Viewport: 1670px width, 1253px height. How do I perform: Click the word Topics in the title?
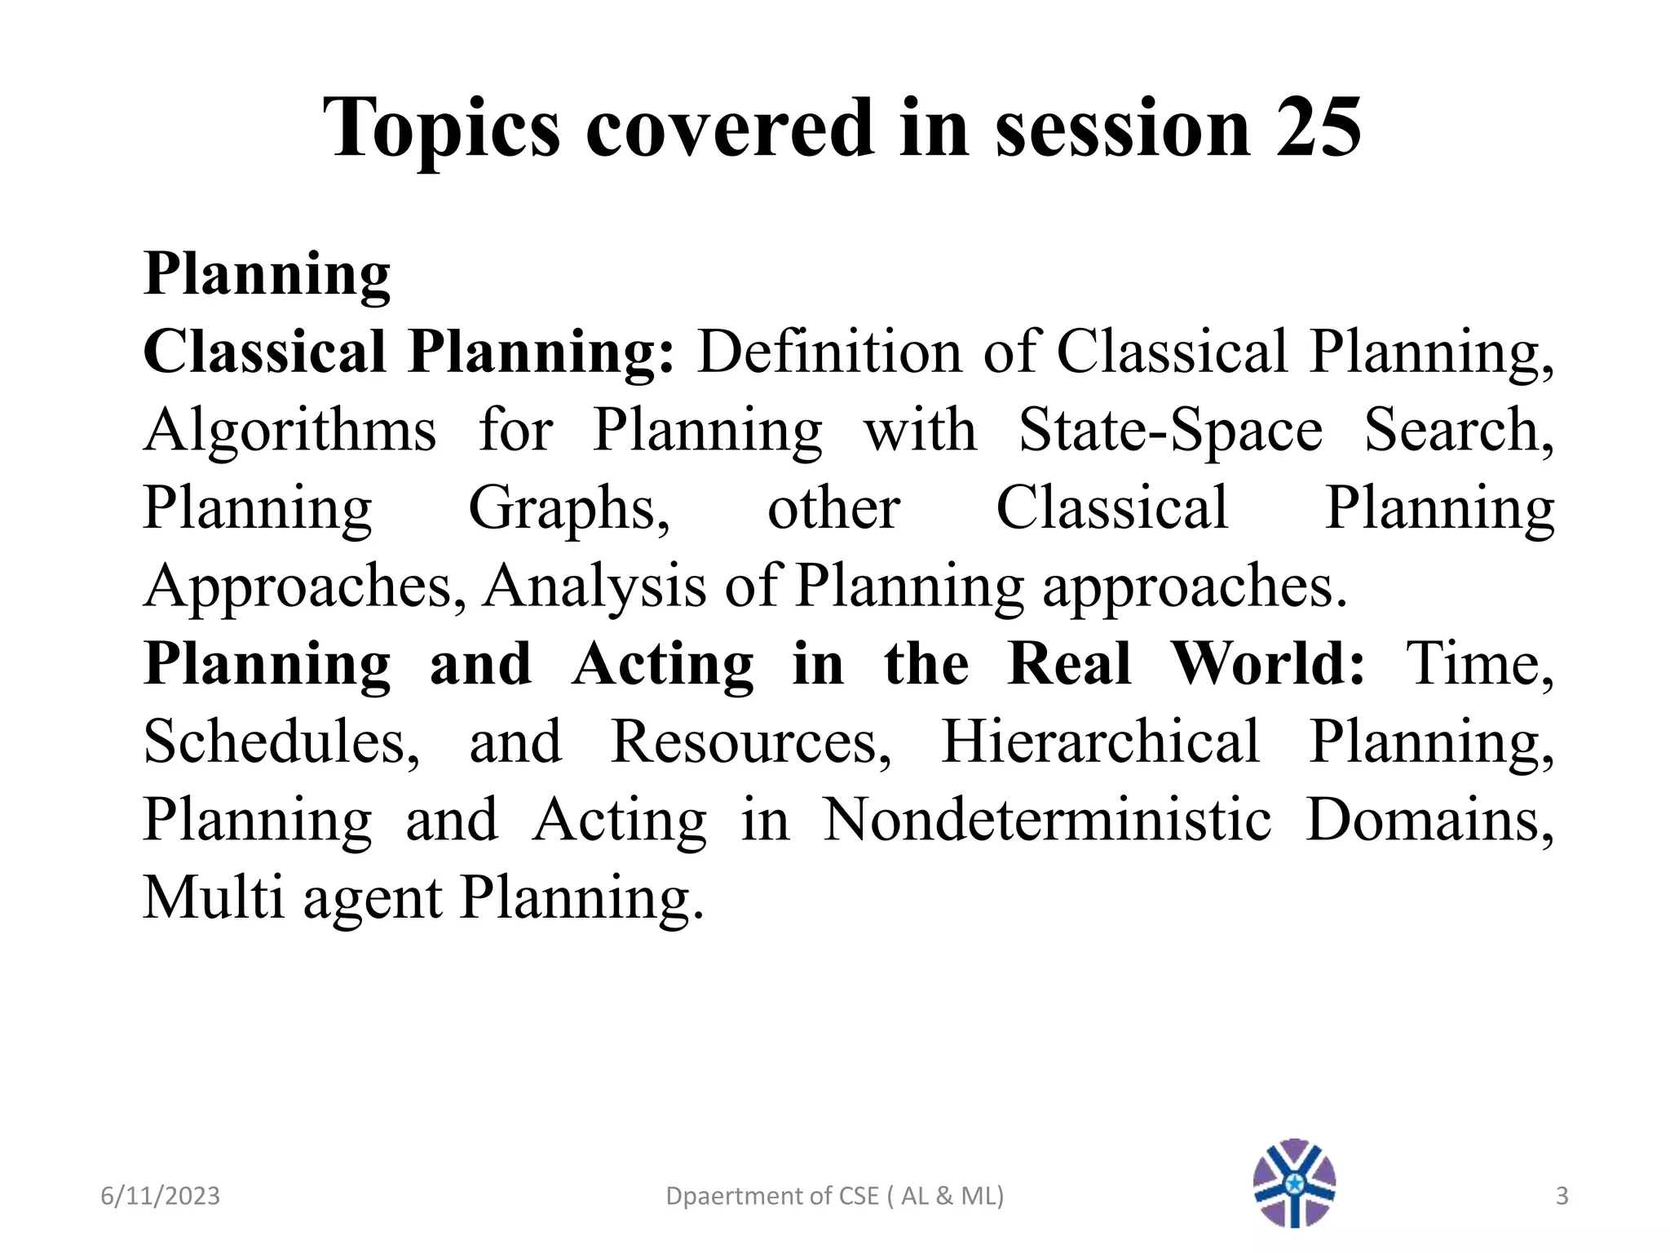pyautogui.click(x=441, y=129)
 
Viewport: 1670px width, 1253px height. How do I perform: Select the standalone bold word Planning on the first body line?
pyautogui.click(x=267, y=276)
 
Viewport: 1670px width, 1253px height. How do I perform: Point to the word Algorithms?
pyautogui.click(x=289, y=432)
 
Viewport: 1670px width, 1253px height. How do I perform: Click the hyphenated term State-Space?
pyautogui.click(x=1170, y=430)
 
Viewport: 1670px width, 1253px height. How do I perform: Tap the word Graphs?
pyautogui.click(x=568, y=509)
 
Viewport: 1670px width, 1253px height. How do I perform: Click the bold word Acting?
pyautogui.click(x=662, y=665)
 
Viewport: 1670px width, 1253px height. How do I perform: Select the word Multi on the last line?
pyautogui.click(x=214, y=897)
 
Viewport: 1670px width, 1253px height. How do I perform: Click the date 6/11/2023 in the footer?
pyautogui.click(x=160, y=1196)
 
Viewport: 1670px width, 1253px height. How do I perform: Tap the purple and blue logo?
pyautogui.click(x=1294, y=1183)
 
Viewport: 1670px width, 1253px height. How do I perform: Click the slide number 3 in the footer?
pyautogui.click(x=1562, y=1196)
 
